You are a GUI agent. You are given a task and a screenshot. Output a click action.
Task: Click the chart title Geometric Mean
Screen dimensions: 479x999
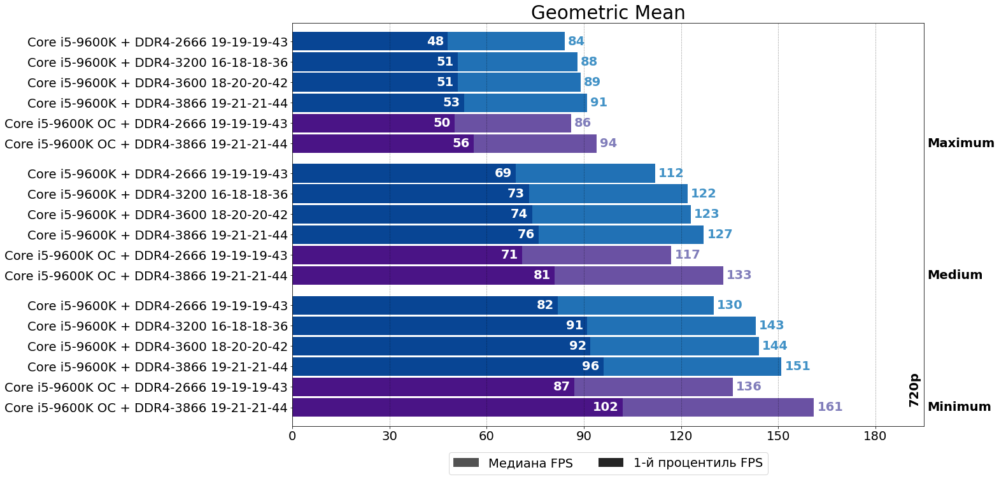[x=607, y=13]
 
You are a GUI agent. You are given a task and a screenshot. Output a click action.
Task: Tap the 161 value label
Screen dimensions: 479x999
[x=830, y=407]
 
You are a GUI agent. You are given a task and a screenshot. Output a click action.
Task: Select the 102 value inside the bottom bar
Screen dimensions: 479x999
[x=605, y=407]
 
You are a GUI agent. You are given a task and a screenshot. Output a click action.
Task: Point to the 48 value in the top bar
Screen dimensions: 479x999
[x=435, y=41]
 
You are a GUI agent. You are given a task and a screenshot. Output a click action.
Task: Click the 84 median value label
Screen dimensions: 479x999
[x=576, y=41]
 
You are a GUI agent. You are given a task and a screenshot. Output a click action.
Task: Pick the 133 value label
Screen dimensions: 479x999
[x=739, y=275]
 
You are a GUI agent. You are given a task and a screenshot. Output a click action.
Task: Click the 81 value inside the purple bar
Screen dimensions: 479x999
[x=541, y=275]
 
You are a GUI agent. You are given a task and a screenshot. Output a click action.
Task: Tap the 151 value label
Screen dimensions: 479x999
[x=797, y=366]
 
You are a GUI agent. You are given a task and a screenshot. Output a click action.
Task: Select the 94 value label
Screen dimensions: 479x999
[x=608, y=143]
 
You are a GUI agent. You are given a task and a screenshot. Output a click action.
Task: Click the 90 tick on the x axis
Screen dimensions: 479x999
[x=584, y=436]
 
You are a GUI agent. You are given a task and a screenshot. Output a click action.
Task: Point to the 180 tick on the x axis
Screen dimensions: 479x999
[x=875, y=436]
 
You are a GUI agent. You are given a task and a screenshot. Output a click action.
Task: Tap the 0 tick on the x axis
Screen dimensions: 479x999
[x=292, y=436]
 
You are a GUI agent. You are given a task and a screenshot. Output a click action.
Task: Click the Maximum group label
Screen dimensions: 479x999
[x=960, y=143]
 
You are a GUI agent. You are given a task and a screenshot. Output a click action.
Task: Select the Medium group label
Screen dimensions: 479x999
[x=954, y=275]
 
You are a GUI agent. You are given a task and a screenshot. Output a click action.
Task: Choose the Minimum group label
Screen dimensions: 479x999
[x=959, y=407]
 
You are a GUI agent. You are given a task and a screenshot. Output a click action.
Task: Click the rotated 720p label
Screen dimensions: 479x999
[x=914, y=390]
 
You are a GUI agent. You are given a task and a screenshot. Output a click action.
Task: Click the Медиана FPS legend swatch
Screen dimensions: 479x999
[x=465, y=463]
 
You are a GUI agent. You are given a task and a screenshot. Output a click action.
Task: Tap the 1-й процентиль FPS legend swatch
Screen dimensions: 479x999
[x=611, y=463]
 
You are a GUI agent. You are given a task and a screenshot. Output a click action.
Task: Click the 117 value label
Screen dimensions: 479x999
[x=687, y=255]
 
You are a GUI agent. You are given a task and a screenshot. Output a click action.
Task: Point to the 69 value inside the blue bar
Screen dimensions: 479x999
[x=502, y=173]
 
